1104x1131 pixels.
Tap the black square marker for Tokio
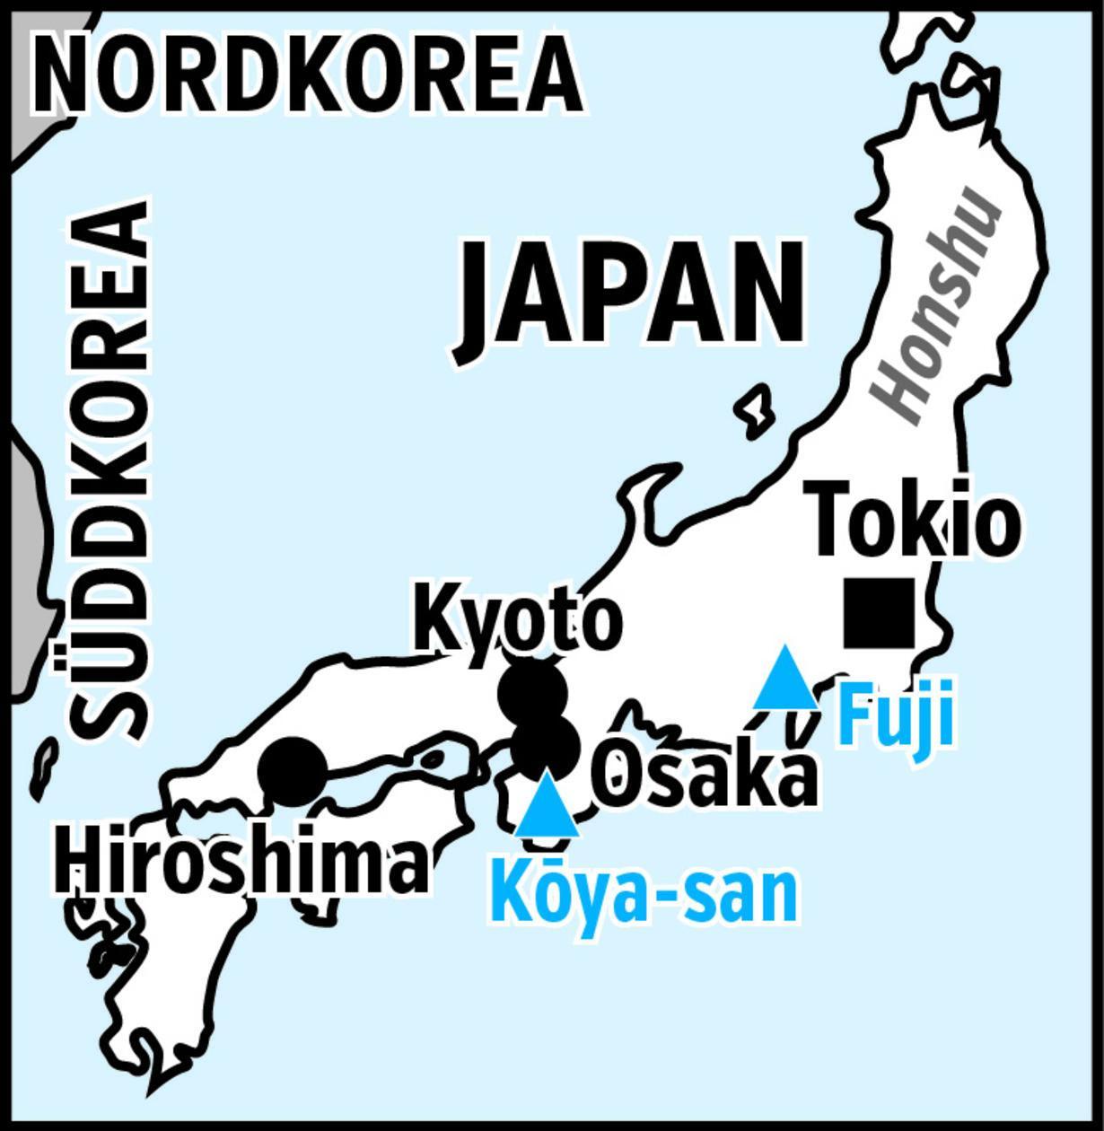pyautogui.click(x=879, y=613)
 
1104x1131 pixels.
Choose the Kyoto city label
pyautogui.click(x=518, y=620)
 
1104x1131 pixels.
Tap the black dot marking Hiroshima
pyautogui.click(x=293, y=771)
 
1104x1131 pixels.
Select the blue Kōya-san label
pyautogui.click(x=644, y=893)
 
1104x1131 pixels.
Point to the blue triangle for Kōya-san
pyautogui.click(x=547, y=808)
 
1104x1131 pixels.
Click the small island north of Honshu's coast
pyautogui.click(x=756, y=410)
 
